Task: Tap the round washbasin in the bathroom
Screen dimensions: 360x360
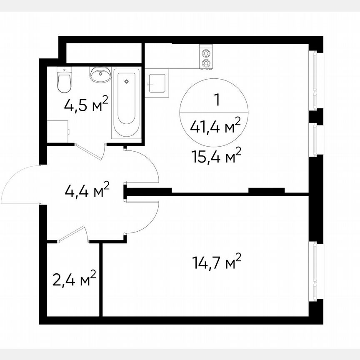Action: [x=100, y=75]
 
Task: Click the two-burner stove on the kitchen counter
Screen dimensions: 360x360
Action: [x=205, y=58]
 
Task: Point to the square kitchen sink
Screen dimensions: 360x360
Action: [x=157, y=85]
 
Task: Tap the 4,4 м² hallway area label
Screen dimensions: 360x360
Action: [x=87, y=191]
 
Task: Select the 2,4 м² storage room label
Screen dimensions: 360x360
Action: [x=75, y=279]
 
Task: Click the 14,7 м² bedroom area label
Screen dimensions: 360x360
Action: [x=217, y=262]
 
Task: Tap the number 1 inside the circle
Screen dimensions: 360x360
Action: [x=216, y=100]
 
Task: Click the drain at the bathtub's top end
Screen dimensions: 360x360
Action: [x=126, y=80]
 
